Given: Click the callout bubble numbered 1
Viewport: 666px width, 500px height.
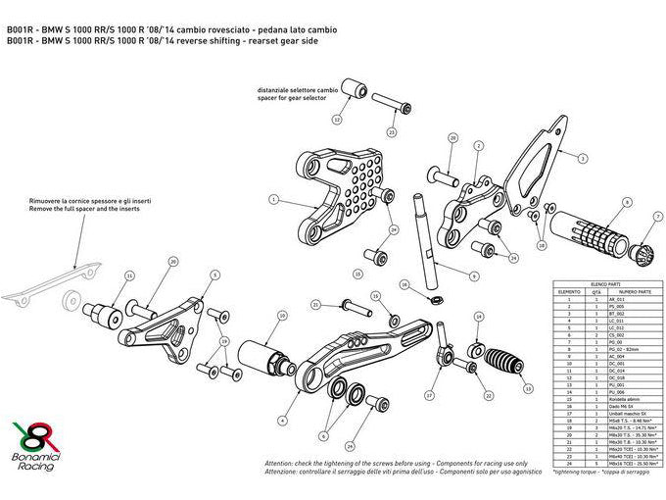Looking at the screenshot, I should coord(275,199).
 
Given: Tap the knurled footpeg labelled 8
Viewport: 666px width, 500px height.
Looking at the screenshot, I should coord(596,233).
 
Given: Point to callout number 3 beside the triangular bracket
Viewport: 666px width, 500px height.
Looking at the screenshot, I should coord(582,158).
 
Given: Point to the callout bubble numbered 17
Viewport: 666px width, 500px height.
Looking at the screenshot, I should coord(428,395).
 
